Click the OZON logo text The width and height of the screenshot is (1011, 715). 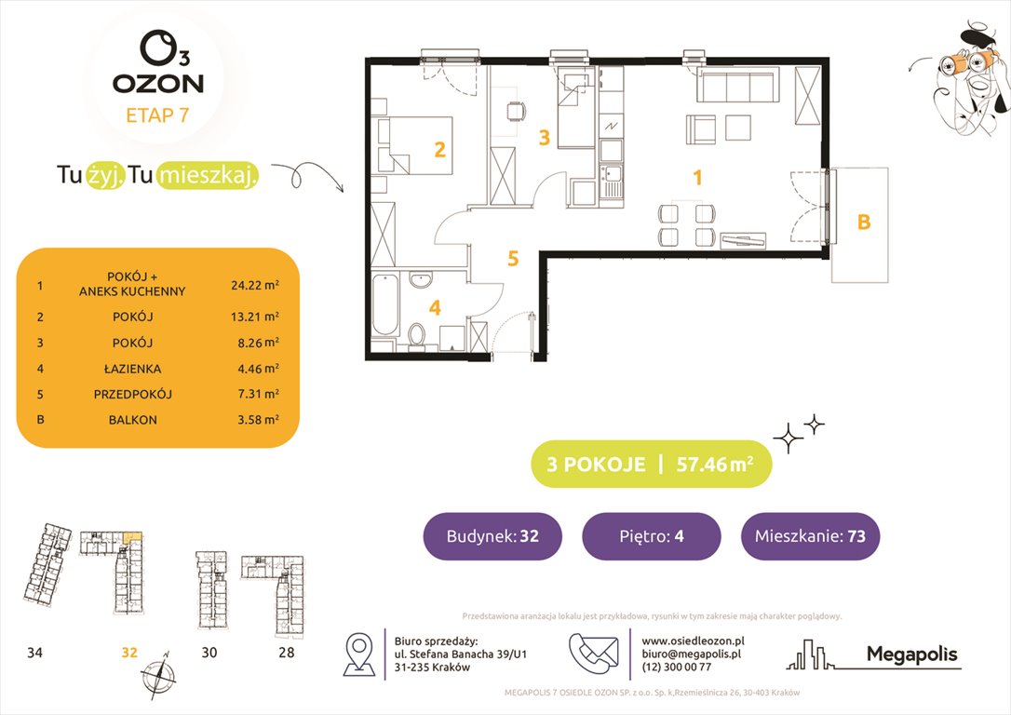tap(157, 83)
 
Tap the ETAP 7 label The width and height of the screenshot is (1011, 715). tap(157, 115)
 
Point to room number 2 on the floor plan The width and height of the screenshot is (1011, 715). tap(439, 148)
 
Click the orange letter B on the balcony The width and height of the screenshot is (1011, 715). tap(863, 223)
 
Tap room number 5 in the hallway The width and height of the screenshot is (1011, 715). tap(512, 258)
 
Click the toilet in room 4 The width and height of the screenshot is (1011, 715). tap(418, 331)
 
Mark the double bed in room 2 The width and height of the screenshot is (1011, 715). tap(414, 144)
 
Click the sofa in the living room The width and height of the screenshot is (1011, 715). tap(737, 89)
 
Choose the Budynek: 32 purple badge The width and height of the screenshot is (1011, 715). tap(492, 536)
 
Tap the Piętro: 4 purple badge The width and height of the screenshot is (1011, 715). tap(651, 536)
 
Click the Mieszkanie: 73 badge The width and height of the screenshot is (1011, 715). tap(810, 536)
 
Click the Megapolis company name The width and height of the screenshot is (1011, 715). tap(911, 654)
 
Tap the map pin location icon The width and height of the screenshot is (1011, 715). tap(358, 654)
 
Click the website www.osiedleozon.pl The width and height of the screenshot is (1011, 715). tap(693, 641)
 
